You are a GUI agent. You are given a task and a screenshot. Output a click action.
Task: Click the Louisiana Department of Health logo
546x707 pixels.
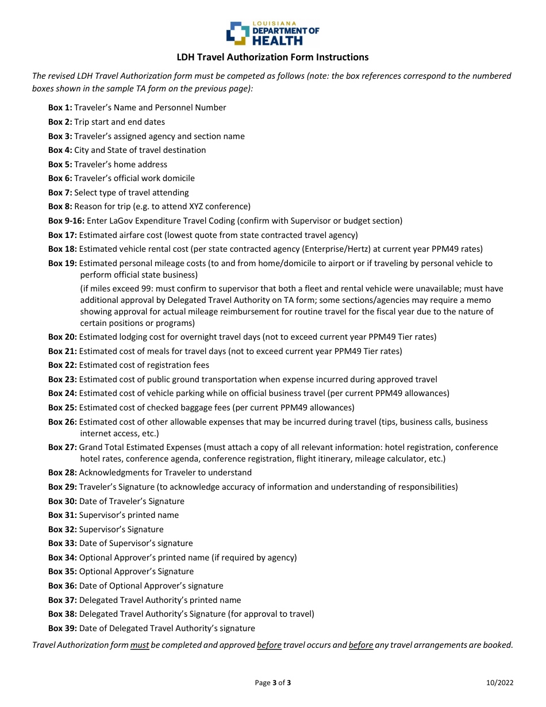click(272, 33)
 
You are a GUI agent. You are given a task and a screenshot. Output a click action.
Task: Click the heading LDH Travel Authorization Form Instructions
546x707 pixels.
click(272, 57)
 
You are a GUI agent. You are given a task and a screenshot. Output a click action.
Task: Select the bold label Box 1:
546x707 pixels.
click(60, 107)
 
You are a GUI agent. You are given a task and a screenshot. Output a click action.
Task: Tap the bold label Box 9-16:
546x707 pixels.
click(66, 221)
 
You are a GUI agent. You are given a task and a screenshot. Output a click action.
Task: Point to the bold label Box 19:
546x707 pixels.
click(63, 263)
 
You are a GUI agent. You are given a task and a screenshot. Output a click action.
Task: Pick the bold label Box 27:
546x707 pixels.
click(63, 447)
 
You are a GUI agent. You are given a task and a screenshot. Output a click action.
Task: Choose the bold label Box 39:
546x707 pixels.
click(63, 628)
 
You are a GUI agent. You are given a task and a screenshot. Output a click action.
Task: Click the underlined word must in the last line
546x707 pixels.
click(140, 645)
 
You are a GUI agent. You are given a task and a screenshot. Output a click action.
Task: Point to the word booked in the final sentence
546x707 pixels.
click(497, 645)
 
